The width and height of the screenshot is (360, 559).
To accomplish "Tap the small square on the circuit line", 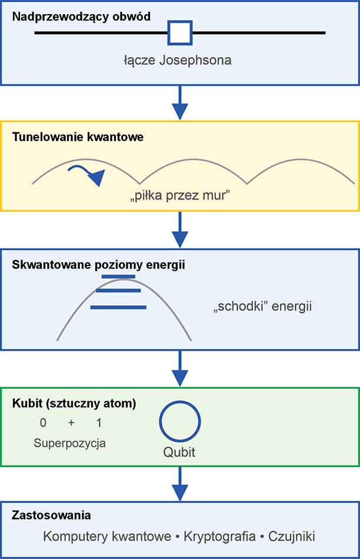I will click(x=180, y=33).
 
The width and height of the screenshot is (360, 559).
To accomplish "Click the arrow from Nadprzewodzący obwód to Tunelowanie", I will click(x=180, y=103).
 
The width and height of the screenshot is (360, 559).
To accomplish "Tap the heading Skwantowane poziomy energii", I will click(x=98, y=264).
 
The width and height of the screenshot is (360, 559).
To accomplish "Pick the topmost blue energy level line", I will click(x=118, y=276).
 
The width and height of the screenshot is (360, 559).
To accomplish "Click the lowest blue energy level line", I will click(x=118, y=307).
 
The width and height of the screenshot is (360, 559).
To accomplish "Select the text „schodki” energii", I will click(x=262, y=307).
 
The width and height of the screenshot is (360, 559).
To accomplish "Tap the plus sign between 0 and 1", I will click(x=71, y=423).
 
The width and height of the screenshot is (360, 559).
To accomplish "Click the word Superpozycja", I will click(x=69, y=443).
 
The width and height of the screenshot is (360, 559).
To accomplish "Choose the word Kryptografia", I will click(x=220, y=536).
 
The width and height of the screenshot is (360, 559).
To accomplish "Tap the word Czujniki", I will click(x=292, y=536).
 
